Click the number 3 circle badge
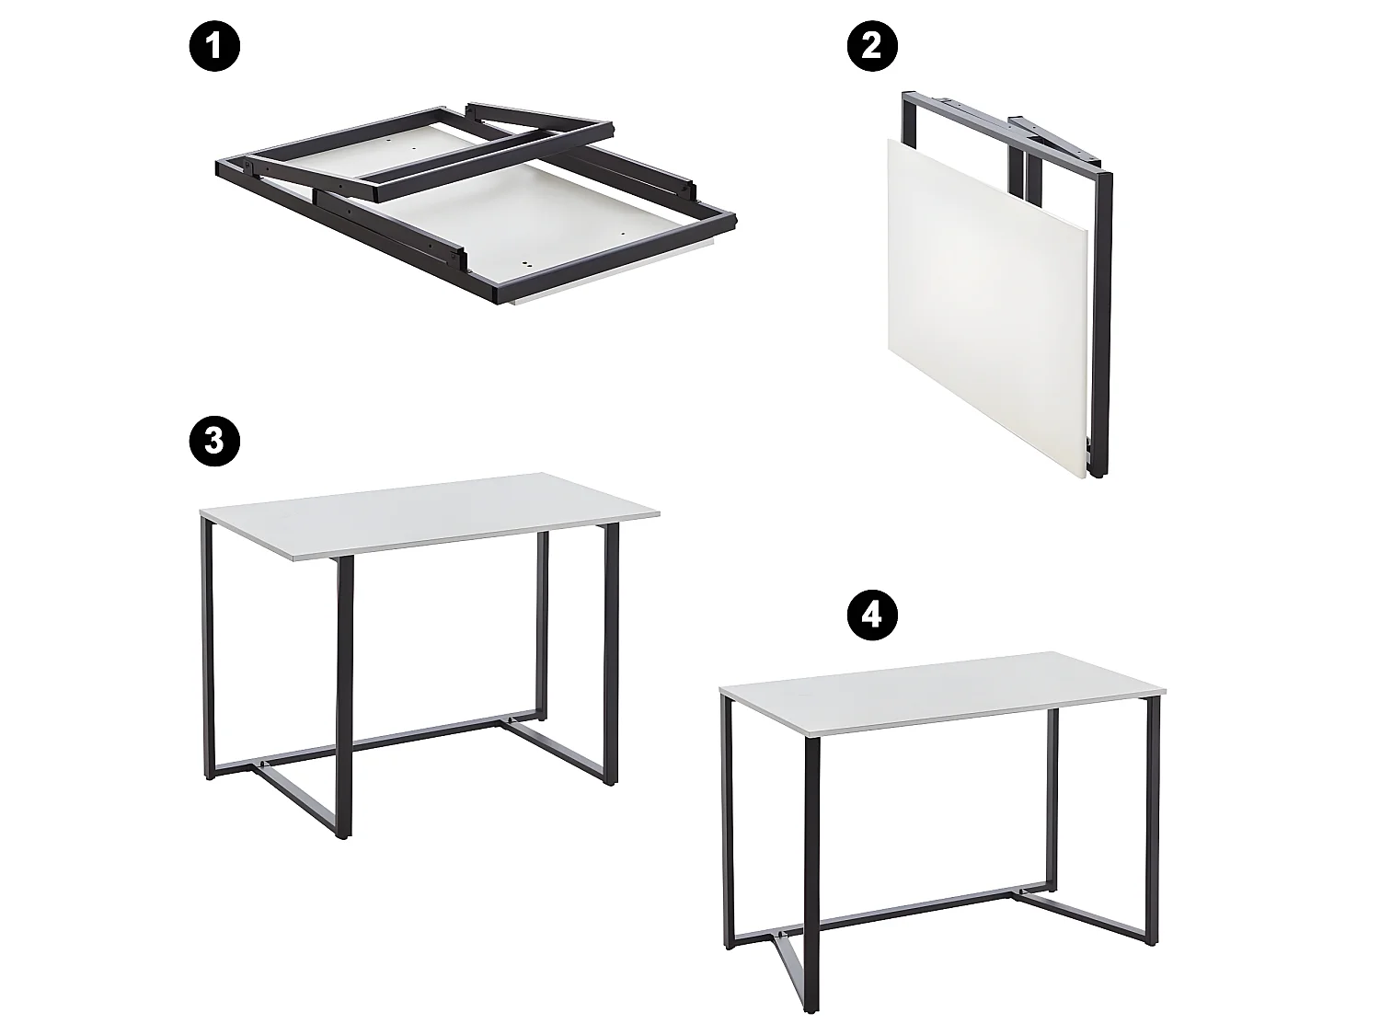pyautogui.click(x=215, y=441)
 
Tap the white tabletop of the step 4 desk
pyautogui.click(x=943, y=705)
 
